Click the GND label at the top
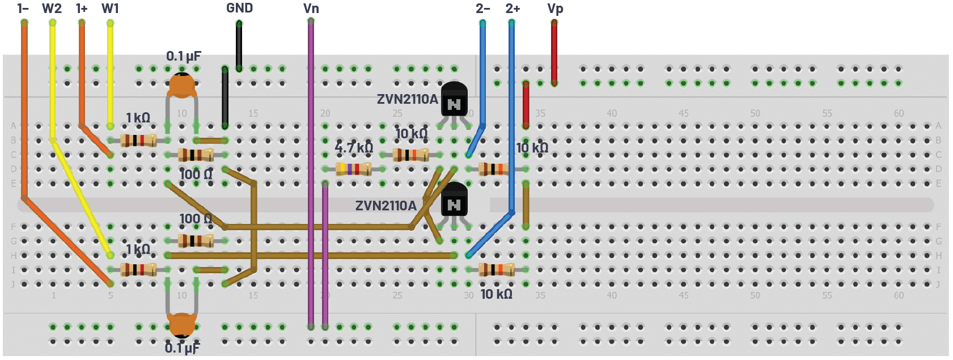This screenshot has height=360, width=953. click(239, 8)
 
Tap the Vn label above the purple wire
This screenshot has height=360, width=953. click(311, 9)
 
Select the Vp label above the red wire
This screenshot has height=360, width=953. click(555, 9)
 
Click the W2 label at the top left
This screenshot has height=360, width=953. click(52, 9)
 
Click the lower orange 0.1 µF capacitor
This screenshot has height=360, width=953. click(182, 324)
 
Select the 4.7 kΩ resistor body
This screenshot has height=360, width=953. click(353, 168)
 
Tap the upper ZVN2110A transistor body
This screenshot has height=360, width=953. click(454, 99)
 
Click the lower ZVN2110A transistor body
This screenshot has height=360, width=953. click(454, 200)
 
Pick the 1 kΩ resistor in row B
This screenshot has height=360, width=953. click(138, 140)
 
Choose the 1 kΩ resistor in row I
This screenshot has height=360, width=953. click(138, 270)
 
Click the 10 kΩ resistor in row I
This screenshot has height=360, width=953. click(497, 270)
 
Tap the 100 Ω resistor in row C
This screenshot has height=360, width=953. click(196, 154)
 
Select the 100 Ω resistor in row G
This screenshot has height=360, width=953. click(196, 241)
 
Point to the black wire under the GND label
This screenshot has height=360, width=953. click(239, 45)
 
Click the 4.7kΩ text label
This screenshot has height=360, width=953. click(354, 148)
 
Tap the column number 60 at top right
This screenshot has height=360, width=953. click(899, 113)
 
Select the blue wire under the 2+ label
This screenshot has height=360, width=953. click(511, 113)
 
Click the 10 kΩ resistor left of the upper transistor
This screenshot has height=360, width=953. click(410, 154)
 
